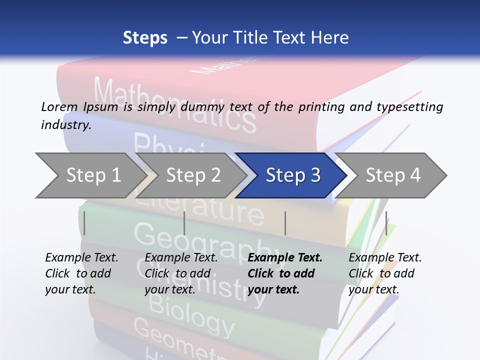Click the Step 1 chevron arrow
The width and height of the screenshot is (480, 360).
point(90,175)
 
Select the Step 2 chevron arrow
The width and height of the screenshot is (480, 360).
point(192,175)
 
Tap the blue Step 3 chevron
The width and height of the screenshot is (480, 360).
point(292,175)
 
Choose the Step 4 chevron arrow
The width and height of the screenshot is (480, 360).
point(393,175)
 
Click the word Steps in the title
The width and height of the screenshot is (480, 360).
point(145,38)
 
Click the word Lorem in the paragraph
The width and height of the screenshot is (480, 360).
point(59,107)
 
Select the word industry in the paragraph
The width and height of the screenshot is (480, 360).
point(65,125)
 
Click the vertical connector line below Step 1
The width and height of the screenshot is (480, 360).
point(84,223)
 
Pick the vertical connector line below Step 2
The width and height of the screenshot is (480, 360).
point(184,223)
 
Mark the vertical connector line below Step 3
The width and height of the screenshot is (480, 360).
point(285,223)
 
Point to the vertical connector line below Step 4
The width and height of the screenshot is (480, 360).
point(386,223)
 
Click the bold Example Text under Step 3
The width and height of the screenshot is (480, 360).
point(285,258)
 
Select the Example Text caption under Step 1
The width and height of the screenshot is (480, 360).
point(81,258)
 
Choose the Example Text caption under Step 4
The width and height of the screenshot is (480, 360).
point(385,258)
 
